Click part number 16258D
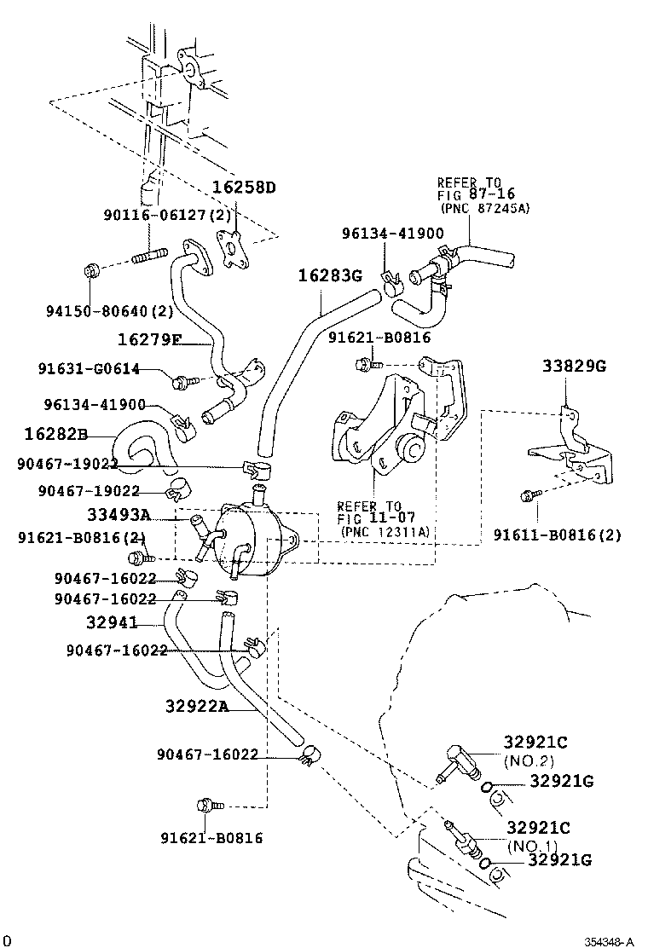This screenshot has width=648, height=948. click(x=245, y=188)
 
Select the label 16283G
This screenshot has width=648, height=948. click(x=330, y=275)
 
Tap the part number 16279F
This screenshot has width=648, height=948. click(x=149, y=339)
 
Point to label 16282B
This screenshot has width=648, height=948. click(x=55, y=434)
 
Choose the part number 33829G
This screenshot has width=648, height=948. click(x=574, y=367)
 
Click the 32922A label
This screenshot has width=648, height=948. click(x=197, y=705)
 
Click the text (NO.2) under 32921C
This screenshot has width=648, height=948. click(x=529, y=760)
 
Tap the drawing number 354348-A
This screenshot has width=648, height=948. click(x=610, y=941)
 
